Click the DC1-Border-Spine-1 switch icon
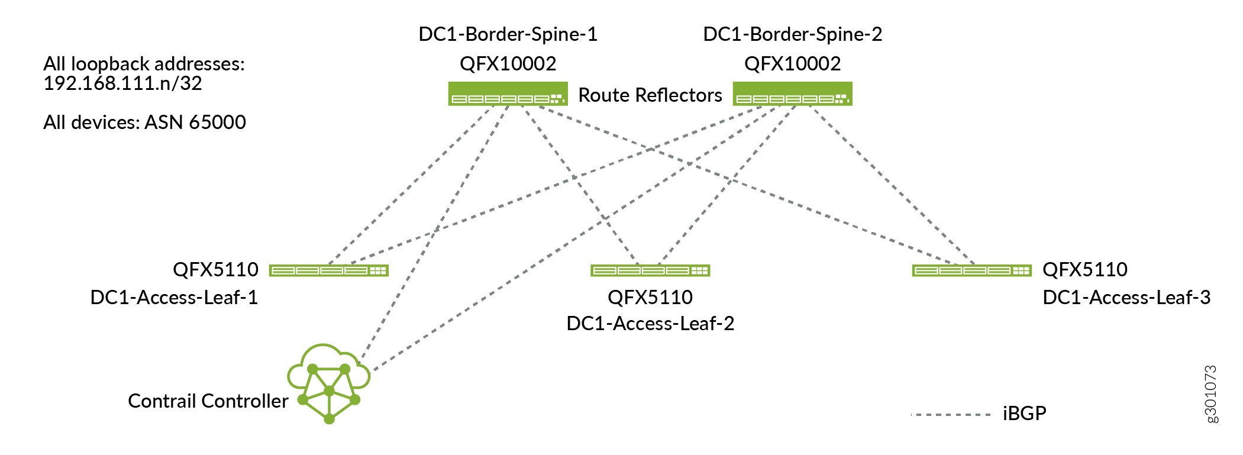(508, 94)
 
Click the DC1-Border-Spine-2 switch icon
(792, 94)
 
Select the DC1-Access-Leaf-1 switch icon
(329, 270)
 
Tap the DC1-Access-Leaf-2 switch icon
(650, 270)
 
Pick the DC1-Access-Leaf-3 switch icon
(971, 270)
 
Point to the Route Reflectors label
(650, 95)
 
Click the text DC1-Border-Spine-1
(508, 34)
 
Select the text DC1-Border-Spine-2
(792, 34)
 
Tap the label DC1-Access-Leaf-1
(174, 297)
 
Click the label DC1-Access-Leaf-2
(650, 324)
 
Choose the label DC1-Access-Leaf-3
(1126, 297)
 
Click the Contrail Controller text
(208, 401)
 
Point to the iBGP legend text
(1024, 413)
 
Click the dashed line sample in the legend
(951, 415)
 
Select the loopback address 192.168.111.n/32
(122, 83)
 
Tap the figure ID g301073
(1210, 394)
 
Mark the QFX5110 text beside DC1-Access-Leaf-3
(1084, 270)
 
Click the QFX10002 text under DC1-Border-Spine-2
(792, 64)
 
